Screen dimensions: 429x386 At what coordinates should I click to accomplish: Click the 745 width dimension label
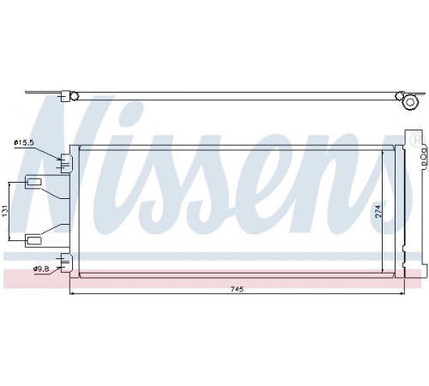[237, 289]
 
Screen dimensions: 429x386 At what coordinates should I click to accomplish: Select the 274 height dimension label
[378, 211]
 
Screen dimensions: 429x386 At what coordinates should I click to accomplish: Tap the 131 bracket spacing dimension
[5, 211]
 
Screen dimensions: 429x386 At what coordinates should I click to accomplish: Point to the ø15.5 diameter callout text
[24, 142]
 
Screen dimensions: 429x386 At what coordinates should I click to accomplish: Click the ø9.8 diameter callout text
[41, 268]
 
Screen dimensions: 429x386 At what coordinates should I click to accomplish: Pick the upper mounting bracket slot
[34, 181]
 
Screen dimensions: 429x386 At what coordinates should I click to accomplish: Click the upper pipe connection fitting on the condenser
[66, 163]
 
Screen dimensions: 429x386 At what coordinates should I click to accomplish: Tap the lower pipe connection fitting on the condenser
[66, 262]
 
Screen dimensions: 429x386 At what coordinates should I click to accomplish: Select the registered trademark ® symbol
[416, 140]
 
